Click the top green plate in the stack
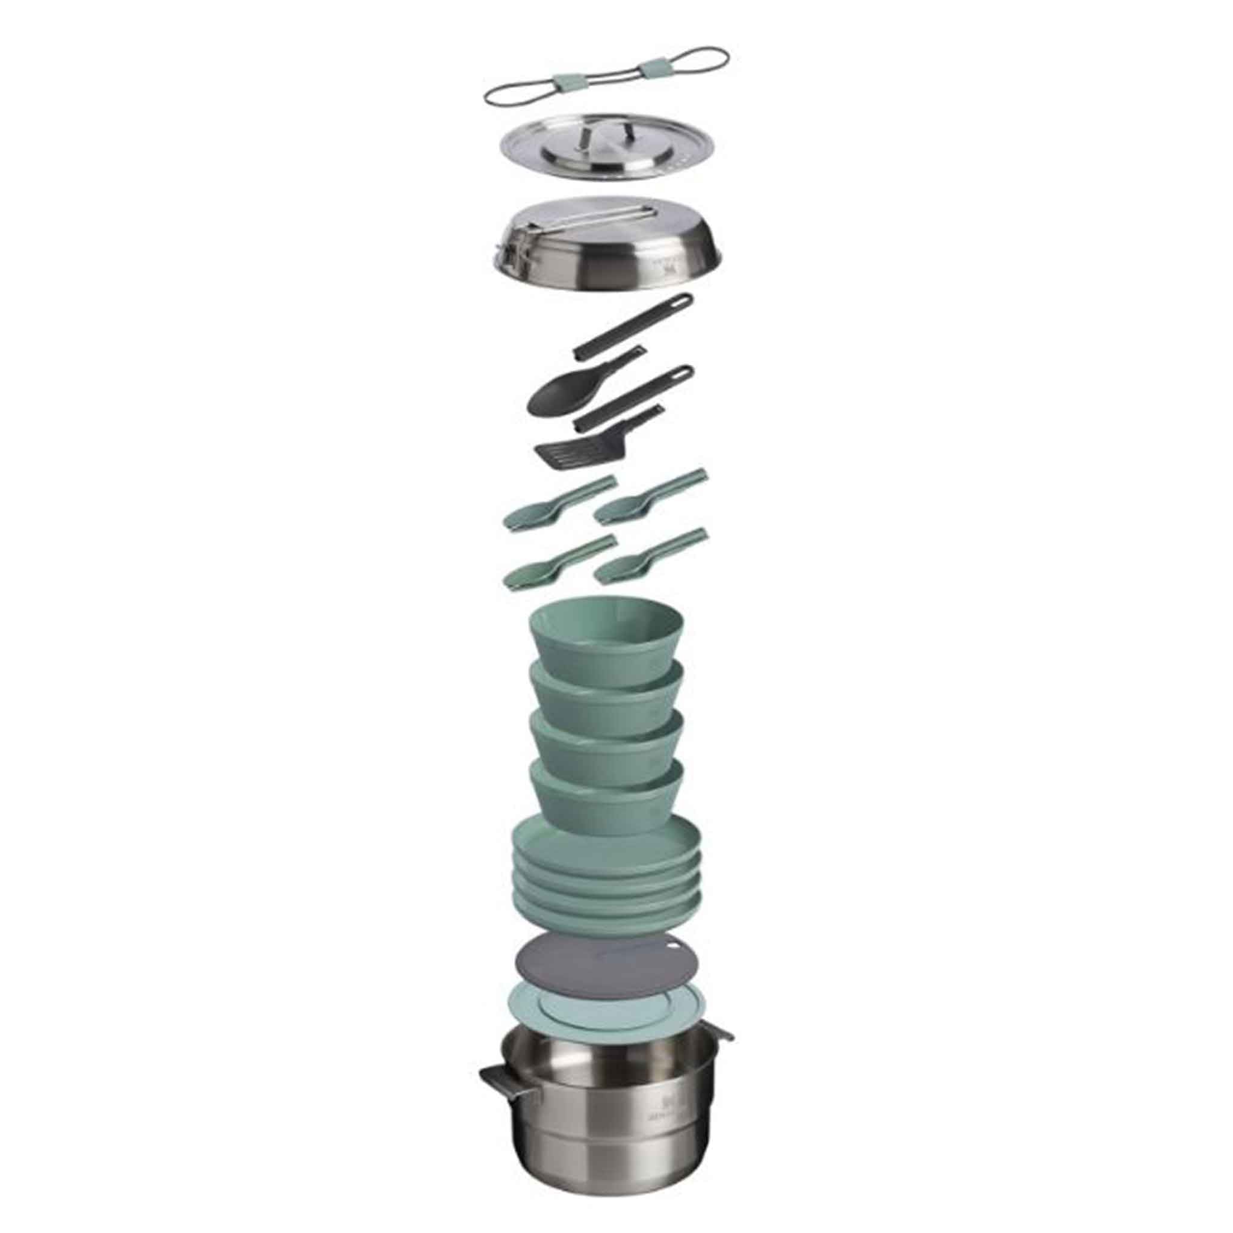click(606, 843)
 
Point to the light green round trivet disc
click(606, 1021)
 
